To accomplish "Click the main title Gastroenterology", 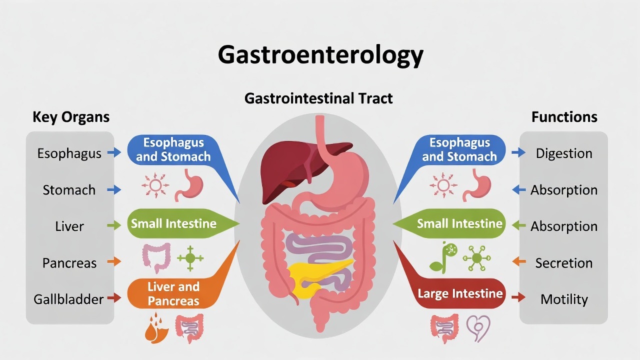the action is click(320, 55).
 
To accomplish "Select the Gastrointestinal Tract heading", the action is click(318, 98).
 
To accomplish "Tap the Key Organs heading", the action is click(71, 117).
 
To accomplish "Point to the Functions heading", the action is click(564, 117).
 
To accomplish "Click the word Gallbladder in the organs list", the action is click(68, 299).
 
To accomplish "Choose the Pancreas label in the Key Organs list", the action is click(69, 263).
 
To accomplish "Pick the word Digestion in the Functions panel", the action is click(564, 153).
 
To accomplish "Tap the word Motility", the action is click(564, 299).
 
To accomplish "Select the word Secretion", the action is click(564, 263).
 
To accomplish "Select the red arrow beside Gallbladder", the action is click(114, 297).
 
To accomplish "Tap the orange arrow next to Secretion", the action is click(519, 261).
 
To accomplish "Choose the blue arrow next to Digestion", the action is click(518, 152).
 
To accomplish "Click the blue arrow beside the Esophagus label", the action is click(114, 152).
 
